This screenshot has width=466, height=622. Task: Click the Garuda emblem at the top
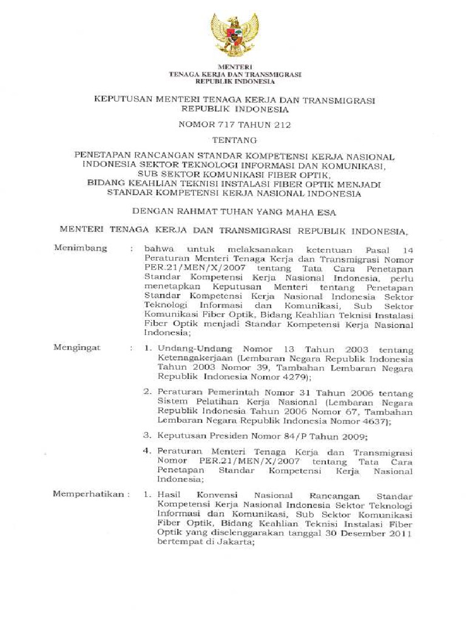234,35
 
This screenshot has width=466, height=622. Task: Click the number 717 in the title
228,126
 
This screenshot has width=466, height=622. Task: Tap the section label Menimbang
81,248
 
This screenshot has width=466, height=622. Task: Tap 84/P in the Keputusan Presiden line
299,436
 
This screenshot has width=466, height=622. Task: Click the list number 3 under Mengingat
146,436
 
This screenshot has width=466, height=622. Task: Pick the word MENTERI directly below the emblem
234,66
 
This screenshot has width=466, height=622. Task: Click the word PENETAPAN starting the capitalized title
101,155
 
